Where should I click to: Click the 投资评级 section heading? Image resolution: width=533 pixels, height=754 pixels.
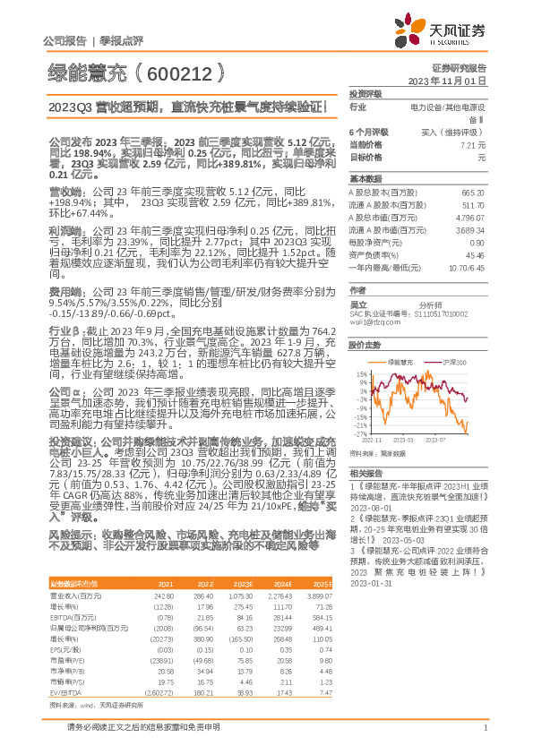[365, 93]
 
